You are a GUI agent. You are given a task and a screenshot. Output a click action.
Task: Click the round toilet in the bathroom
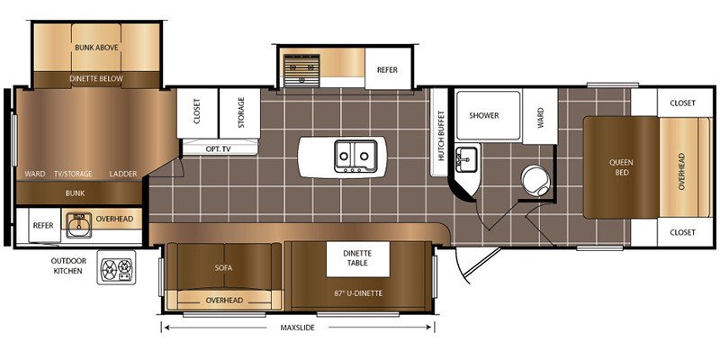pos(535,180)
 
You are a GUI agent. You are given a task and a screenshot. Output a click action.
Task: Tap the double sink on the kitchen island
pos(355,156)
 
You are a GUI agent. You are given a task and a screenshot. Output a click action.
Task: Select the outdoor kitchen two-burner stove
pos(117,267)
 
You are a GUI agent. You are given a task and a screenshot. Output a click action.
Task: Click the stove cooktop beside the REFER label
pos(301,70)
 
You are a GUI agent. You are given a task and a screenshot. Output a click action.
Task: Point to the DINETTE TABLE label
pos(357,258)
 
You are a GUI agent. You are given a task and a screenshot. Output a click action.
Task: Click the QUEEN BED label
pos(622,167)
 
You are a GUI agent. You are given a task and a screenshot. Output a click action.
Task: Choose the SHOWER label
pos(483,116)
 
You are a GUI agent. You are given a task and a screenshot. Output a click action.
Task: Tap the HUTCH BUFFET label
pos(441,136)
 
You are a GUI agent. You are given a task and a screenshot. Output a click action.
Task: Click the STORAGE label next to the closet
pos(241,112)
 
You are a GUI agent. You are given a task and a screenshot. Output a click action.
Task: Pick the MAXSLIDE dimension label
pos(297,328)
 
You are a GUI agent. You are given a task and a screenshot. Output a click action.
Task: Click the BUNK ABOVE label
pos(96,48)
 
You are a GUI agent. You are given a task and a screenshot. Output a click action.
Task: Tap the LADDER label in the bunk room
pos(123,174)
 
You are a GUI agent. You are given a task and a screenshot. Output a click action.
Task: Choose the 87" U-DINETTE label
pos(358,293)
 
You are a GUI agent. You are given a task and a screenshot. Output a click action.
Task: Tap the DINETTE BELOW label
pos(96,78)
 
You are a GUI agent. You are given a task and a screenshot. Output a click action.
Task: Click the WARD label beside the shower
pos(540,117)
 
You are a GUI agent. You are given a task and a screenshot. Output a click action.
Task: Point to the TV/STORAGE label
pos(73,174)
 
